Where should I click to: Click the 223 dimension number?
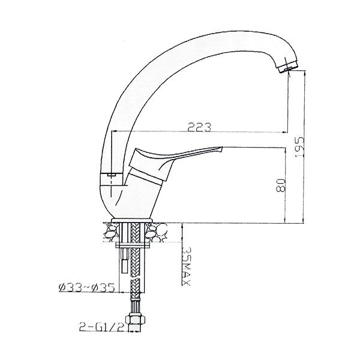[199, 127]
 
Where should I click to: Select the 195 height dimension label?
[299, 147]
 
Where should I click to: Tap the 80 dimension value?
[281, 185]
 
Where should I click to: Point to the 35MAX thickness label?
[186, 266]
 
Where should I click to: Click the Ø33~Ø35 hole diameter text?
[87, 287]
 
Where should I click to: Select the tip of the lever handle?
[222, 149]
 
